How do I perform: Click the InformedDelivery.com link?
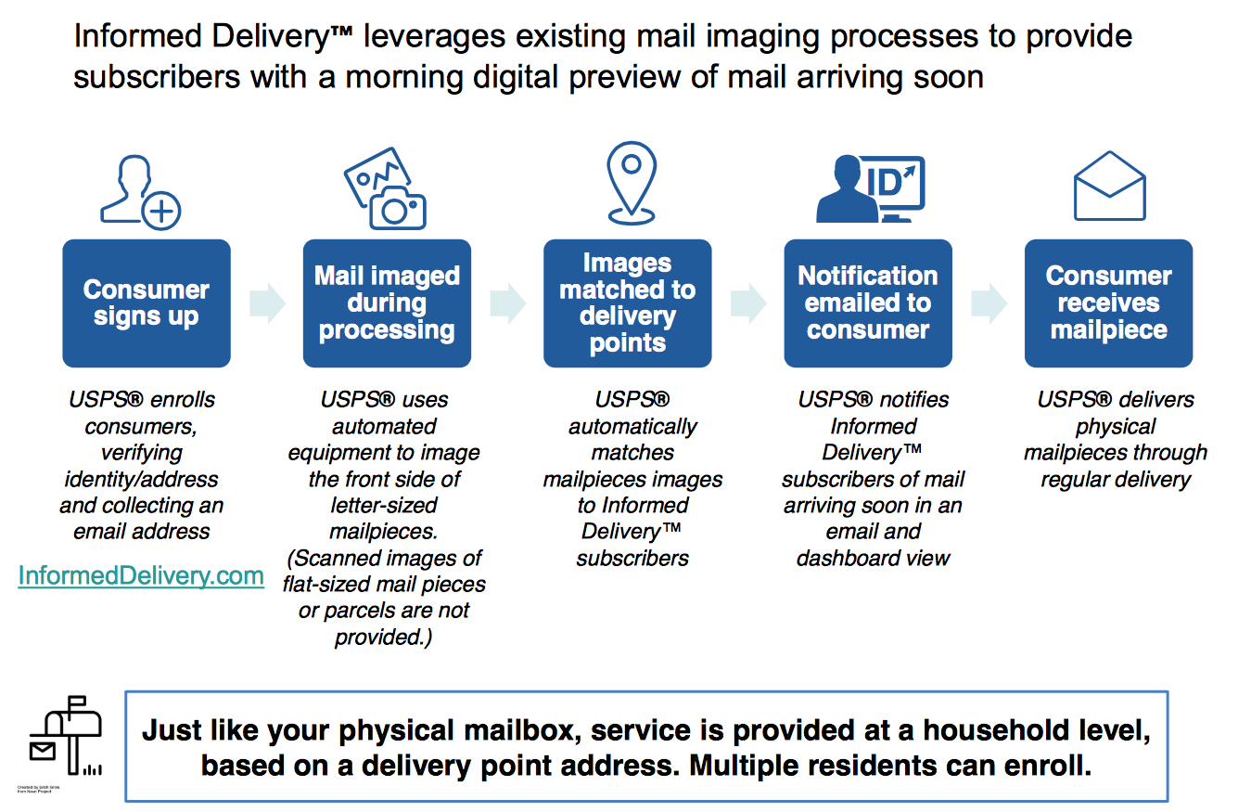pyautogui.click(x=141, y=576)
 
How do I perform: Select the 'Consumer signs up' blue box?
pyautogui.click(x=146, y=303)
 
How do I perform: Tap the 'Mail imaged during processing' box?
pyautogui.click(x=387, y=303)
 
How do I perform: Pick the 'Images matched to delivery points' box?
pyautogui.click(x=627, y=303)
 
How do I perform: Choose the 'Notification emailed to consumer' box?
pyautogui.click(x=867, y=303)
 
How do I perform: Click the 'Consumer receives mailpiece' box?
pyautogui.click(x=1108, y=303)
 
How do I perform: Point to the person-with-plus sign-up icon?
pyautogui.click(x=140, y=192)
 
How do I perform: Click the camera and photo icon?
pyautogui.click(x=386, y=188)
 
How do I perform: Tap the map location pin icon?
pyautogui.click(x=632, y=182)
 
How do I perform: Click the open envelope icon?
pyautogui.click(x=1109, y=187)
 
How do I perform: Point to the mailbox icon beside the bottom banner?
pyautogui.click(x=65, y=739)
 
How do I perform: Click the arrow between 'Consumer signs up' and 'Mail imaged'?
pyautogui.click(x=267, y=303)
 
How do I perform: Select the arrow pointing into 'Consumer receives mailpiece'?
pyautogui.click(x=989, y=303)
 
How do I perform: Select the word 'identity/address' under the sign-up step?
pyautogui.click(x=141, y=479)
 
